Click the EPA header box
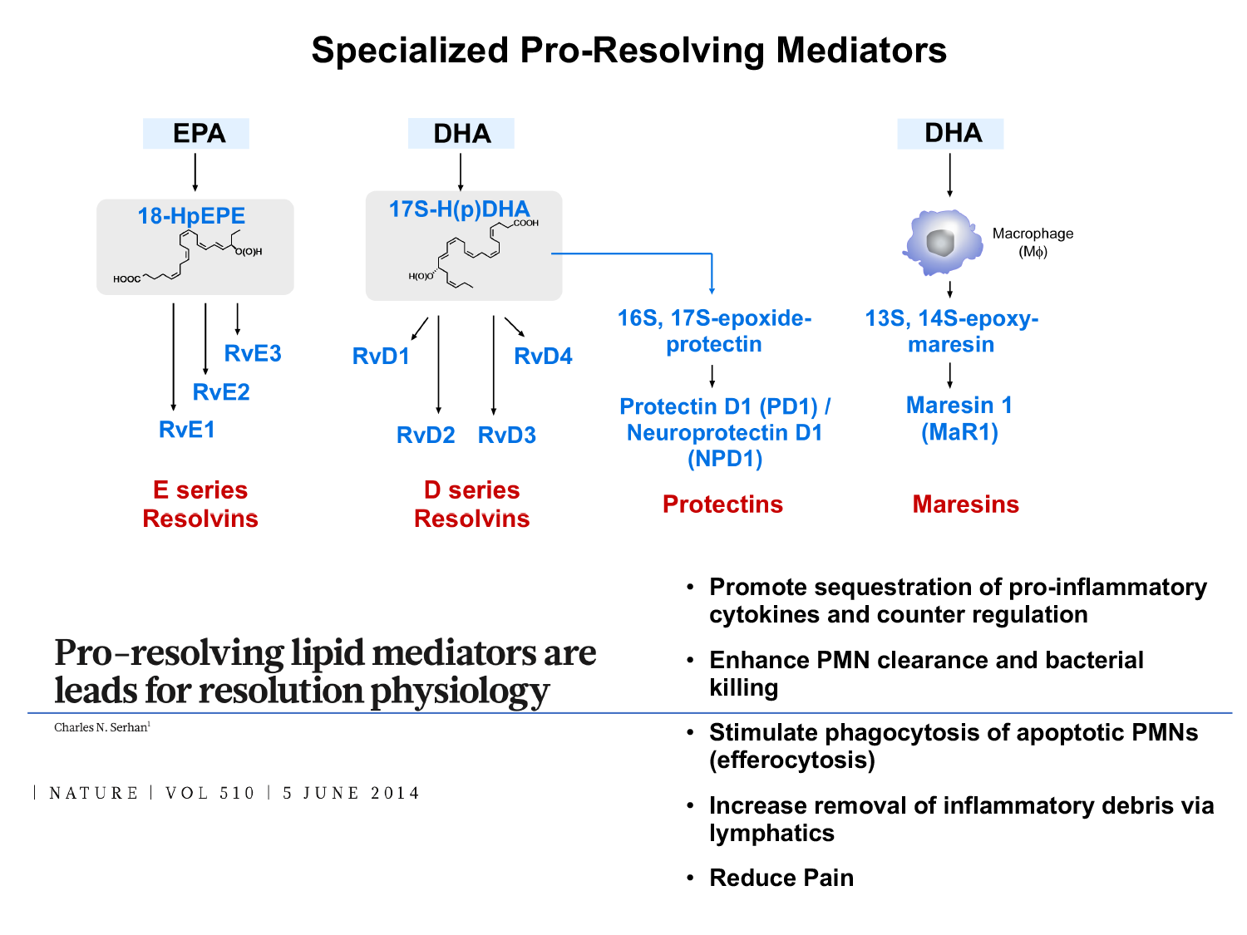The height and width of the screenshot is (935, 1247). click(x=196, y=134)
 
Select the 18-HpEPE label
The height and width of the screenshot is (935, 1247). click(x=191, y=216)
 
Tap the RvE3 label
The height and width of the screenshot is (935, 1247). click(x=253, y=353)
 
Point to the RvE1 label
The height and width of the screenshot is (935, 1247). click(x=187, y=430)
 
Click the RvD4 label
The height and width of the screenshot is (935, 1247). click(x=543, y=357)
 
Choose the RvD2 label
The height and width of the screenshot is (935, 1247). click(x=426, y=435)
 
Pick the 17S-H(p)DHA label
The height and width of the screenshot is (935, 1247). click(x=459, y=209)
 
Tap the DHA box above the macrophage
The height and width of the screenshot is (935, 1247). click(x=950, y=134)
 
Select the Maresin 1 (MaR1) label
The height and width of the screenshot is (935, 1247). click(x=959, y=418)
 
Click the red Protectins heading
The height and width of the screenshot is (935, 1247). click(x=722, y=504)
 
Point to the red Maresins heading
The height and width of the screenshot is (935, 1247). click(x=965, y=504)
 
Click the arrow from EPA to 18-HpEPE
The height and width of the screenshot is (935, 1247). click(x=195, y=172)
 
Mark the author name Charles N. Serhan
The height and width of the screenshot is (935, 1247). click(x=101, y=728)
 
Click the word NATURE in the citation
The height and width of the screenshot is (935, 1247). click(x=94, y=793)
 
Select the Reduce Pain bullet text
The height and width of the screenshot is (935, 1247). click(x=781, y=878)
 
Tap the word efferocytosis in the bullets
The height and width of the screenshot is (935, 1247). click(x=791, y=760)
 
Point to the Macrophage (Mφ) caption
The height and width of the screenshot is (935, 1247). click(x=1033, y=242)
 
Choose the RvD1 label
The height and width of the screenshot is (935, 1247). click(x=381, y=357)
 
